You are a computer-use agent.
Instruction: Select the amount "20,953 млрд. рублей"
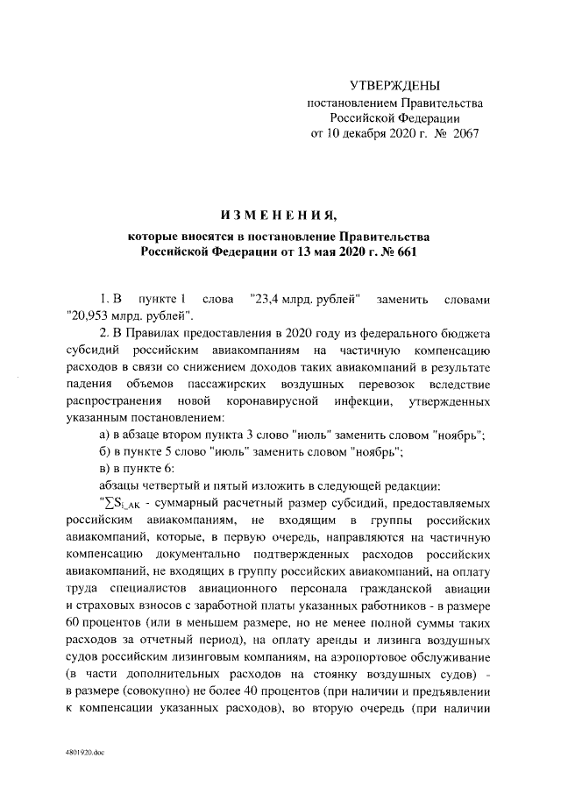click(128, 315)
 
